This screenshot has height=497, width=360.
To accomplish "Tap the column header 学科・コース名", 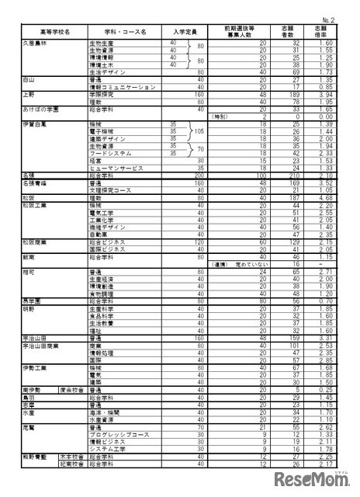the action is pyautogui.click(x=128, y=32).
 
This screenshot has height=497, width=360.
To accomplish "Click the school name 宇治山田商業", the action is pyautogui.click(x=40, y=346).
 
